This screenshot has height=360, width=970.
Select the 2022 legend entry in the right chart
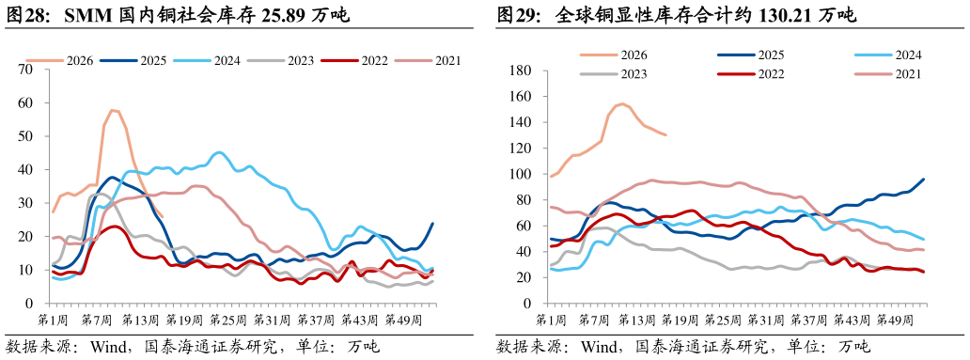tap(751, 74)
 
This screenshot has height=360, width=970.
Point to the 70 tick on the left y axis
tap(25, 69)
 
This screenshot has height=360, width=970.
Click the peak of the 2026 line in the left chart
tap(112, 110)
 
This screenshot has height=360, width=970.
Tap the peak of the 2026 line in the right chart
tap(621, 103)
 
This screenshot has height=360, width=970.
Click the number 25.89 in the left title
tap(282, 15)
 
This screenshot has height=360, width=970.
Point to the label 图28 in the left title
tap(22, 15)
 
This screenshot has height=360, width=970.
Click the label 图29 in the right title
tap(513, 15)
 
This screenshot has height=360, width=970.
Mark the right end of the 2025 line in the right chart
tap(924, 179)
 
